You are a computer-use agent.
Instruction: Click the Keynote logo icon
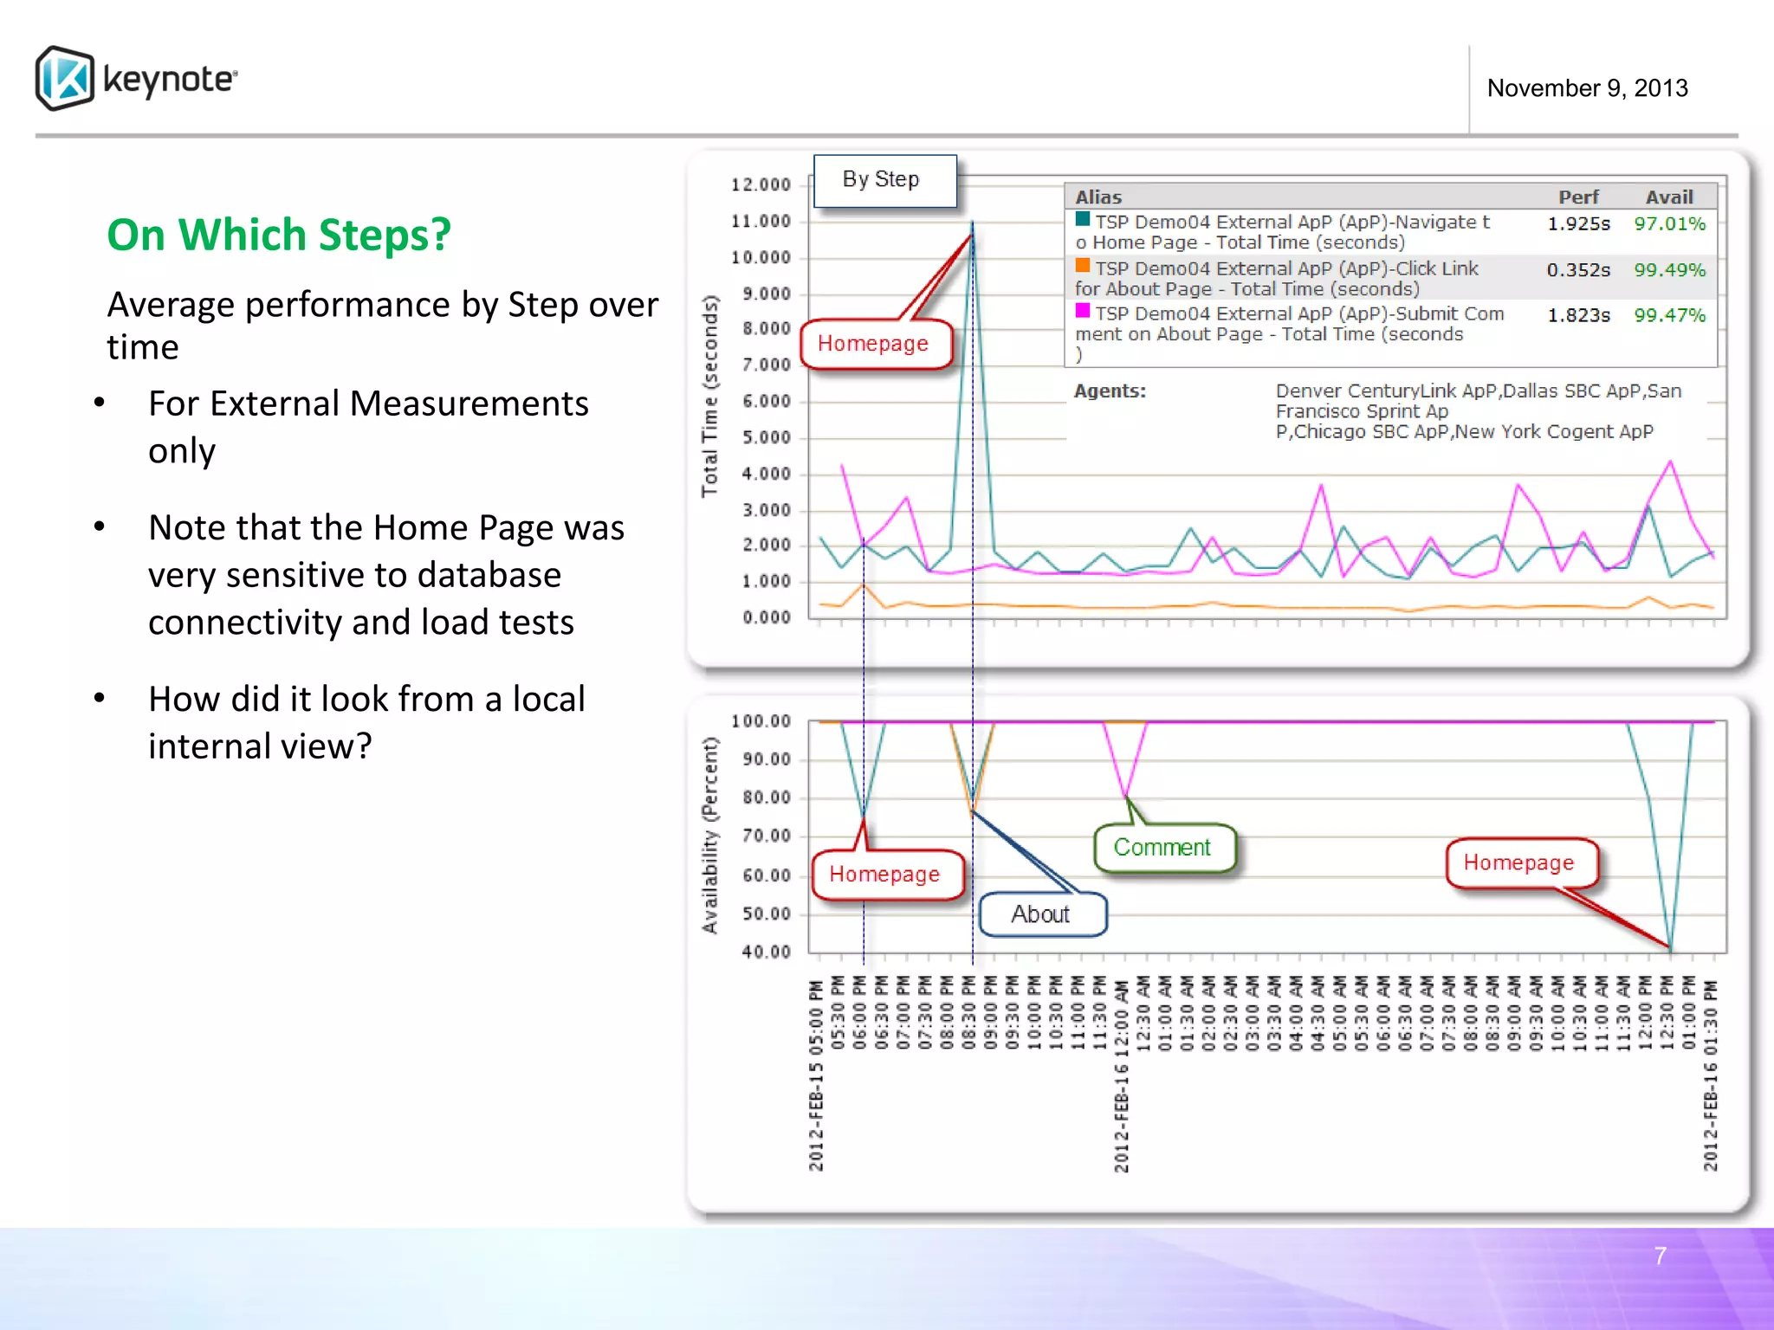coord(65,79)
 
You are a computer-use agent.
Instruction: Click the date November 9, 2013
coord(1587,88)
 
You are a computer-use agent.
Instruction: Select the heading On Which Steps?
coord(278,235)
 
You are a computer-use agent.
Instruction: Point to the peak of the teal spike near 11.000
coord(972,223)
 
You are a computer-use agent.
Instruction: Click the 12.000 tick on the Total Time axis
coord(761,184)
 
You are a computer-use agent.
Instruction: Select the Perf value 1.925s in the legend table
coord(1578,224)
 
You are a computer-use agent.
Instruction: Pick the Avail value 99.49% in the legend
coord(1669,270)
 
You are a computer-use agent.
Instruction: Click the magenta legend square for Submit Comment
coord(1083,310)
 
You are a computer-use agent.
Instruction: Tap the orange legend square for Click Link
coord(1083,265)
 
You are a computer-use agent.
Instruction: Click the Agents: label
coord(1110,391)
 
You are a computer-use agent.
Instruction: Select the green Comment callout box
coord(1163,848)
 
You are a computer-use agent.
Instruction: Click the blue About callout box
coord(1042,914)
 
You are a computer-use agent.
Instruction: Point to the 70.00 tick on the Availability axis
coord(766,836)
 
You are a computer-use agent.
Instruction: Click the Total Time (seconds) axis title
coord(710,397)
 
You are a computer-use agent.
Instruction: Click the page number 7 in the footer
coord(1660,1256)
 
